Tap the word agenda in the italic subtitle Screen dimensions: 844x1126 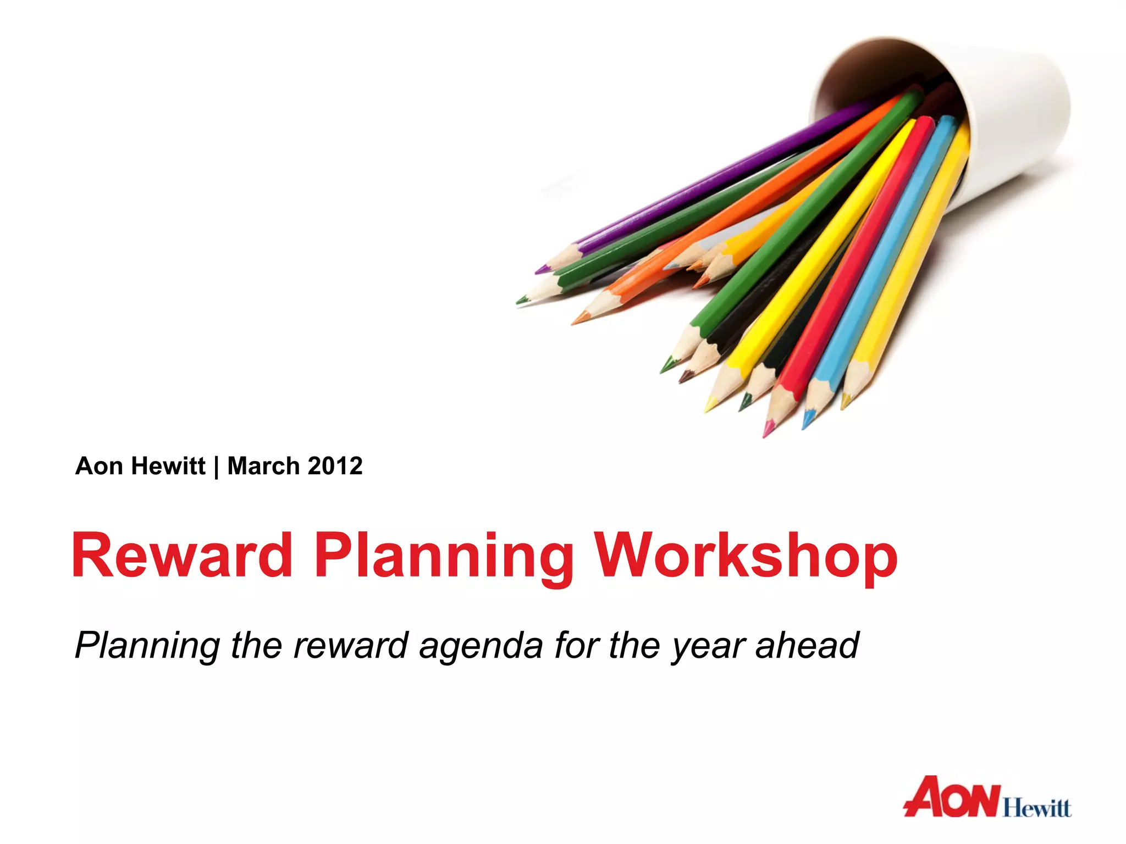481,646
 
